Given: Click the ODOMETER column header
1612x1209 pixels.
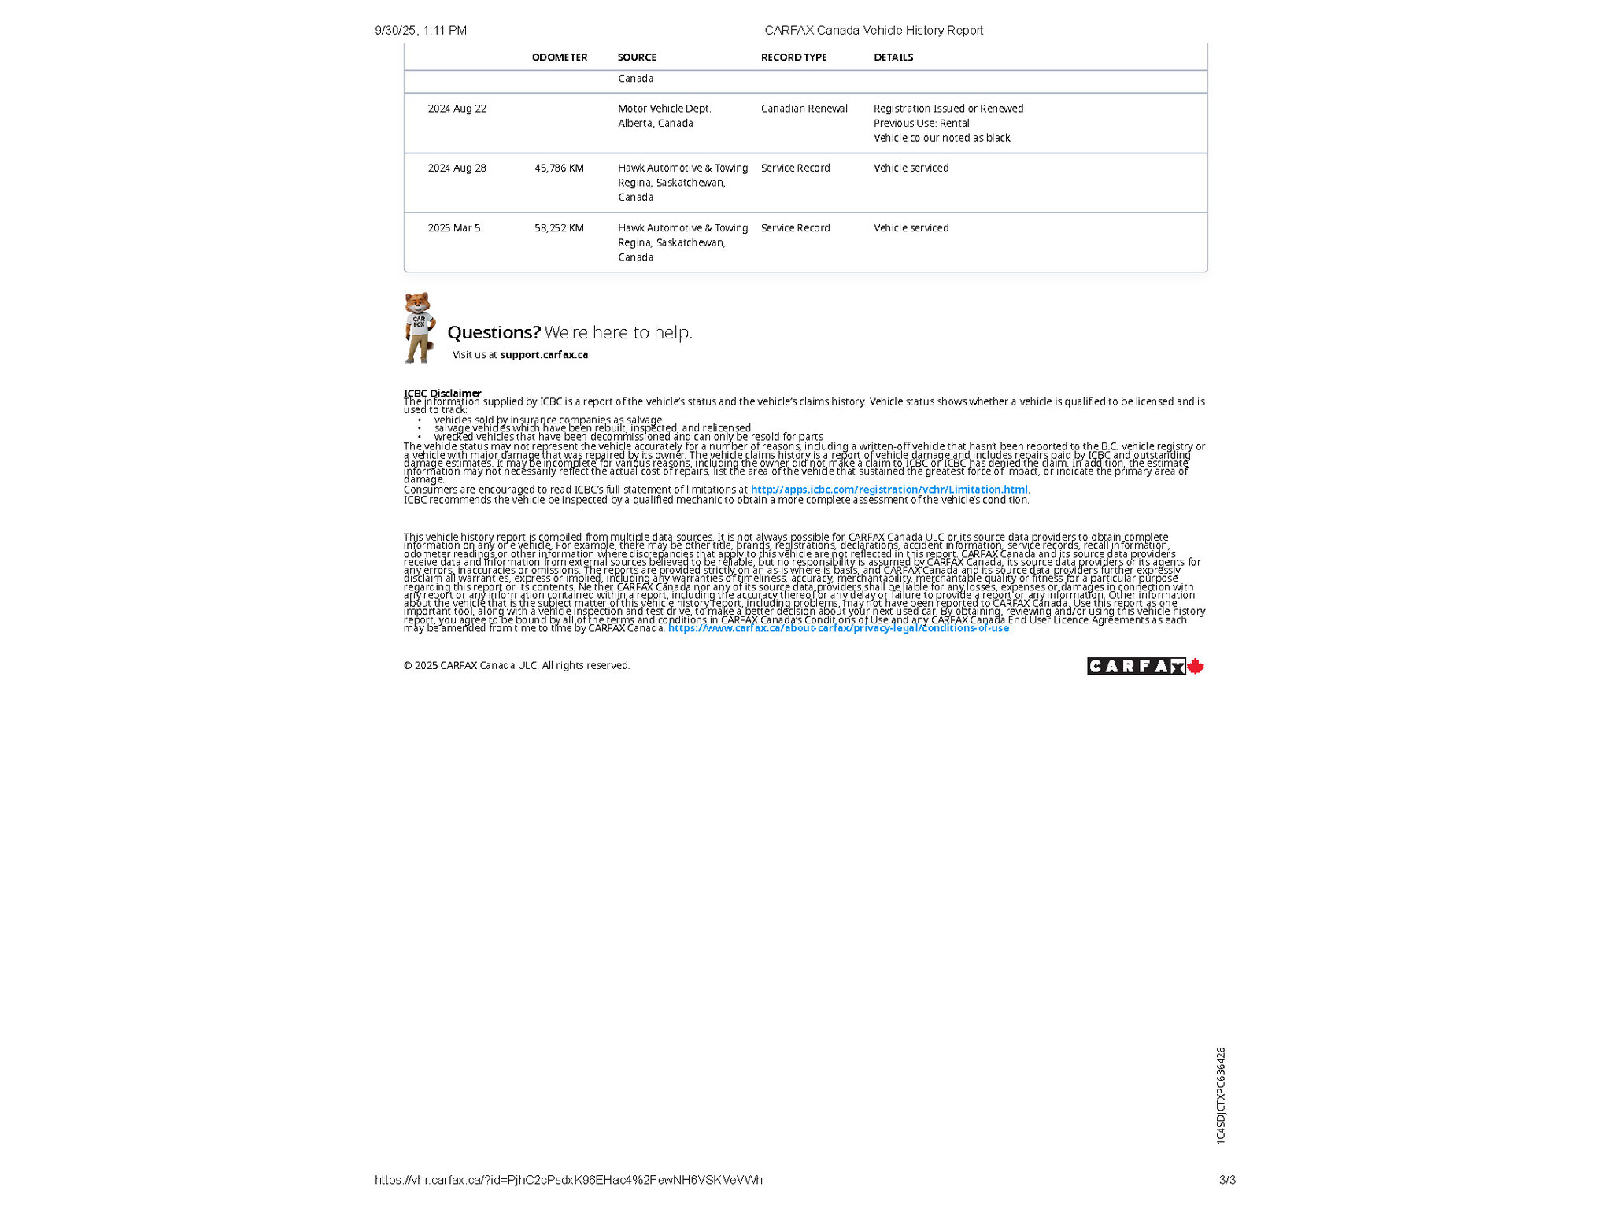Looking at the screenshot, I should pyautogui.click(x=560, y=57).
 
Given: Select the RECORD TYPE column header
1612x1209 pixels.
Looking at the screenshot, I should pyautogui.click(x=793, y=57).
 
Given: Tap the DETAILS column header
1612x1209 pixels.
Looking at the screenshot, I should pyautogui.click(x=893, y=57).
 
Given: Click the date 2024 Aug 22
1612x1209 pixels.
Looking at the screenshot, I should pyautogui.click(x=457, y=109).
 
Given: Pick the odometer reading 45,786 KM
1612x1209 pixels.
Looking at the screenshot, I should pyautogui.click(x=559, y=168).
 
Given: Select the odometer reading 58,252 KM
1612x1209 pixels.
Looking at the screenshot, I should pyautogui.click(x=559, y=228).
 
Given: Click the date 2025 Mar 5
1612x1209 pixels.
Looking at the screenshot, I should pyautogui.click(x=454, y=228).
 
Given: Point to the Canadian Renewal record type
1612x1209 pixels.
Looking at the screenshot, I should pyautogui.click(x=804, y=109).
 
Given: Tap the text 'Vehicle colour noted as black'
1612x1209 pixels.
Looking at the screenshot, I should pyautogui.click(x=941, y=138).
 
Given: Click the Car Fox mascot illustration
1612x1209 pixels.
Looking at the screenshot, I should pyautogui.click(x=420, y=327).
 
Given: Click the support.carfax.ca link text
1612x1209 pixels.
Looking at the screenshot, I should pyautogui.click(x=544, y=355).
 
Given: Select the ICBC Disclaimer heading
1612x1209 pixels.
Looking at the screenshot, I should pyautogui.click(x=442, y=393).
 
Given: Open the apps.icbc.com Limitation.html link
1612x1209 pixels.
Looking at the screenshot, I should pyautogui.click(x=889, y=490).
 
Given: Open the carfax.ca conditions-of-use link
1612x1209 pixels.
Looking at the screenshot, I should pyautogui.click(x=838, y=628).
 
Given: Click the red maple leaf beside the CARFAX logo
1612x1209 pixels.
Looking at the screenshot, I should pyautogui.click(x=1196, y=667).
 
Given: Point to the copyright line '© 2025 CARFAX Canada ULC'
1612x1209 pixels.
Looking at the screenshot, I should pyautogui.click(x=516, y=666).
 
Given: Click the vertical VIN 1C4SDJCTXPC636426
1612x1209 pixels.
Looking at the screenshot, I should pyautogui.click(x=1221, y=1095).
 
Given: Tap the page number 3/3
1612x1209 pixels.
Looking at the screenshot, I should pyautogui.click(x=1227, y=1180).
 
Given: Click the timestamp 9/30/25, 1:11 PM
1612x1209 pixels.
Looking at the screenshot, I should pyautogui.click(x=420, y=31).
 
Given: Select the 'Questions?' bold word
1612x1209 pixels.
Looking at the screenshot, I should pyautogui.click(x=494, y=333).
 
